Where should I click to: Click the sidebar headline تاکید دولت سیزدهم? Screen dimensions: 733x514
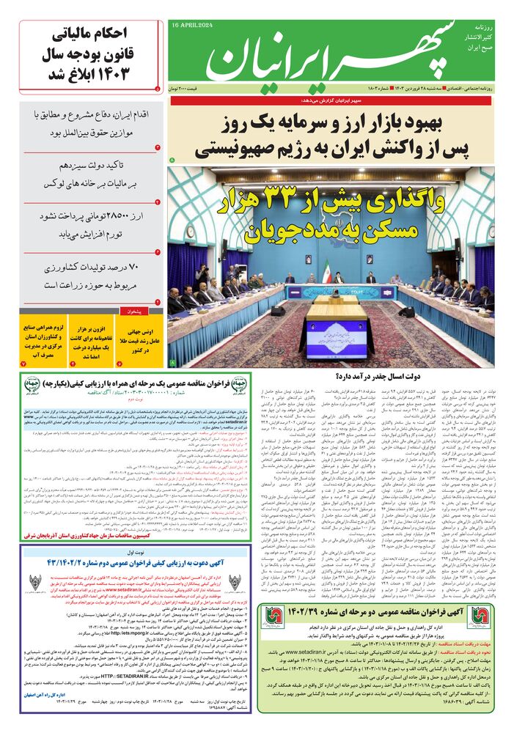tap(92, 176)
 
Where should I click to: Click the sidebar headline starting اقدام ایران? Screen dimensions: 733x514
tap(92, 125)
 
